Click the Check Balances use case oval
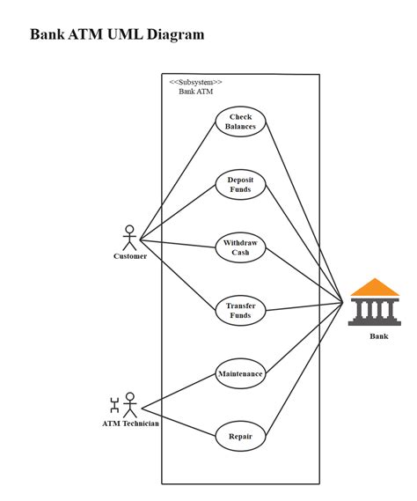point(240,122)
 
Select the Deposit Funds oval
point(240,184)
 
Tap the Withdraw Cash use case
point(240,247)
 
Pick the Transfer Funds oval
point(240,310)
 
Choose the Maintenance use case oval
point(240,373)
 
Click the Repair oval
point(240,436)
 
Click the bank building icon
point(374,303)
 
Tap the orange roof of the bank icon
point(374,287)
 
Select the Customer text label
point(130,256)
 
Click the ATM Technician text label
point(130,424)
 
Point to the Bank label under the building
point(378,335)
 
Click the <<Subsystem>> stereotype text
point(195,82)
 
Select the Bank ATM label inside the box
point(195,92)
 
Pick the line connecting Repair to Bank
point(304,370)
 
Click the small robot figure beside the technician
point(113,405)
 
